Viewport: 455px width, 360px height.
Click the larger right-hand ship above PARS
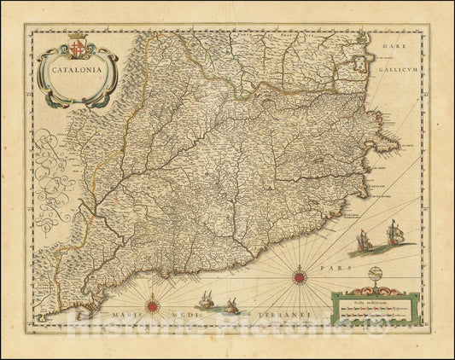click(x=395, y=231)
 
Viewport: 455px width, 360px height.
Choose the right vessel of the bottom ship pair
click(x=233, y=305)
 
